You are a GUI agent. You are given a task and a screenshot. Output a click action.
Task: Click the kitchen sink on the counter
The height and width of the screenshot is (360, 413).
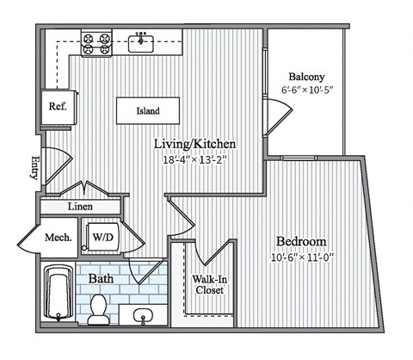click(140, 43)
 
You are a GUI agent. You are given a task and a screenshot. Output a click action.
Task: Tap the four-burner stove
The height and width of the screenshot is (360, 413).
click(96, 43)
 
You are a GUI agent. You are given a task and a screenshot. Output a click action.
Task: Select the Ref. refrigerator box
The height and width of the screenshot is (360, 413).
click(59, 108)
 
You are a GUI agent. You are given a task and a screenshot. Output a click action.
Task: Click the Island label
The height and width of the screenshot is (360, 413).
click(148, 111)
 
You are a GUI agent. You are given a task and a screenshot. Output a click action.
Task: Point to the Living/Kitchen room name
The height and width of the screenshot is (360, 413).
click(195, 144)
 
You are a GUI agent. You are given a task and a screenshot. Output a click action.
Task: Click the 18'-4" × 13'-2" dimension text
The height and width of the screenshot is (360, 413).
click(195, 159)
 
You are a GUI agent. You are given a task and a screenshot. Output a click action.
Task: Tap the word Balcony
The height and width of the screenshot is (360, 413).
click(306, 77)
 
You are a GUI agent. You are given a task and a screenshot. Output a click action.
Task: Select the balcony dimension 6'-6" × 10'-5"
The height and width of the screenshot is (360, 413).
click(307, 90)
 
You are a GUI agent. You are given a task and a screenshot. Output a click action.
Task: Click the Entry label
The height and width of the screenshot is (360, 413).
click(35, 167)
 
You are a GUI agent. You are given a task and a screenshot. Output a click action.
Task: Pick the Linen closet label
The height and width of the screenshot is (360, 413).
click(80, 207)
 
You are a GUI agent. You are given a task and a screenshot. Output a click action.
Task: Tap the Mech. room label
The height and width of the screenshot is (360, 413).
click(59, 238)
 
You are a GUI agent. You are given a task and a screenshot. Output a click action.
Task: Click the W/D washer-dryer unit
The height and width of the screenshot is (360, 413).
click(102, 237)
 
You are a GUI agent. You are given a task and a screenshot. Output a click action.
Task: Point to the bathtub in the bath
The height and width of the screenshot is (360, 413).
click(59, 294)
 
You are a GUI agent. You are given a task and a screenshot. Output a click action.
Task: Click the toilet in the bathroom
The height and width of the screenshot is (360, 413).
click(98, 309)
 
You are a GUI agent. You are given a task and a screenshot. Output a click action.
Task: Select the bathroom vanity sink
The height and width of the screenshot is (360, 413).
click(143, 315)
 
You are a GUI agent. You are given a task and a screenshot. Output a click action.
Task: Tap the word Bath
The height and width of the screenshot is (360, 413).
click(101, 278)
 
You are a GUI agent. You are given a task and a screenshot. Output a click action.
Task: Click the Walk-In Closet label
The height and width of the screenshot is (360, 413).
click(209, 284)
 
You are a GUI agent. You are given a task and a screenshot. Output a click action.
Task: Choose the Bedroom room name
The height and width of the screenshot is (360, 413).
click(301, 241)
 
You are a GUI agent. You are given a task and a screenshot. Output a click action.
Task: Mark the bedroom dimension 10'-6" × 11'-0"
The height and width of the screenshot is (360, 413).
click(302, 258)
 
